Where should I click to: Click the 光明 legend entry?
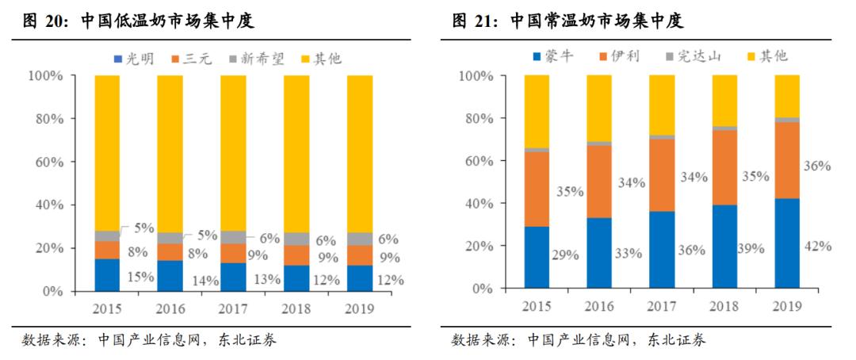pos(138,58)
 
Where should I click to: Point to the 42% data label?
pos(816,246)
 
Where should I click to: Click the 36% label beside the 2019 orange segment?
pos(816,166)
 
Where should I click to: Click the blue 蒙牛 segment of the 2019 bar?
pos(787,243)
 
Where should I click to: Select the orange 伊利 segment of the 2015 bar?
pos(537,189)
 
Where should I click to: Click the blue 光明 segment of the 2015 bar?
pos(107,274)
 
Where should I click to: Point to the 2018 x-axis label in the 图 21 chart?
pos(724,306)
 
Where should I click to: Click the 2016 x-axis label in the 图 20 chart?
pos(170,308)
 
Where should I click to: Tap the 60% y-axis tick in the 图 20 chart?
pos(45,162)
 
